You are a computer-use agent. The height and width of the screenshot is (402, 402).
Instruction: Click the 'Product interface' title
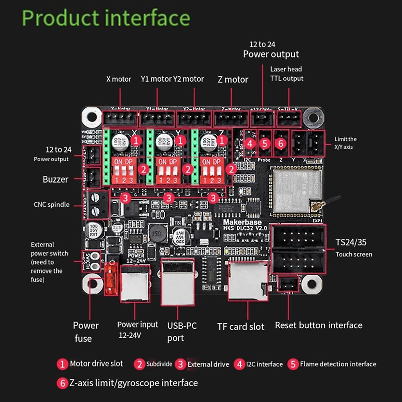106,18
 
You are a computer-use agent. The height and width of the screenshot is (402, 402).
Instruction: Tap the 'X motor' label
119,79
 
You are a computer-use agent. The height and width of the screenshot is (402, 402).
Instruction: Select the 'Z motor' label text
233,80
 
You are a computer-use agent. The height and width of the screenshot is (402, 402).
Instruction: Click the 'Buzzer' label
55,179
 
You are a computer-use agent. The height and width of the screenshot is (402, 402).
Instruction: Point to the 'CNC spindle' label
51,205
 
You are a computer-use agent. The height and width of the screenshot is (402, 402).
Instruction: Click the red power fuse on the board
111,279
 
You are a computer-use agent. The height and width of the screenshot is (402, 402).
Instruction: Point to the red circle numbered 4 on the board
250,144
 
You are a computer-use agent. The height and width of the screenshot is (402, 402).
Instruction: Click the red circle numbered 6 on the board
280,144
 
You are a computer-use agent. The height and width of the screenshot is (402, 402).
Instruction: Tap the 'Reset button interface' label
318,325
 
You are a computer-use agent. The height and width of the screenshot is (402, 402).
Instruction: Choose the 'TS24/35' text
351,242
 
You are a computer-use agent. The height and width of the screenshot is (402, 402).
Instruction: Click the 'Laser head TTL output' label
287,74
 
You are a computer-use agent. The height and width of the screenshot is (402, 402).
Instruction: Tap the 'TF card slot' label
241,327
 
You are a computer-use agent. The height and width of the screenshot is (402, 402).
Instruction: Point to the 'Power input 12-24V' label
137,329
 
